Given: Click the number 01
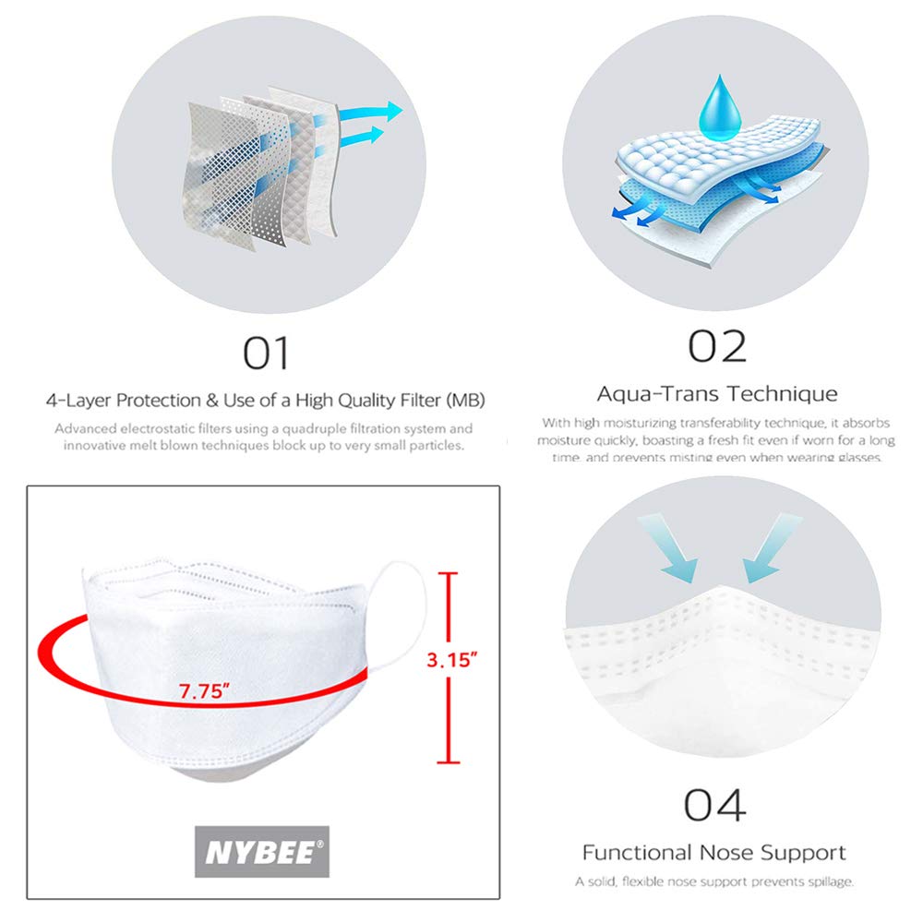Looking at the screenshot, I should [x=267, y=353].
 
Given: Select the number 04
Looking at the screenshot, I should [x=715, y=805].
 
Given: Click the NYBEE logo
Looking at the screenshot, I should [x=261, y=851].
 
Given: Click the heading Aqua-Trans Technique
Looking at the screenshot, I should [x=717, y=393].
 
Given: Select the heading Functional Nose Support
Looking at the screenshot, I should [x=713, y=852].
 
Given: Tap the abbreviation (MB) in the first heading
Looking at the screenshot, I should [x=464, y=401].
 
